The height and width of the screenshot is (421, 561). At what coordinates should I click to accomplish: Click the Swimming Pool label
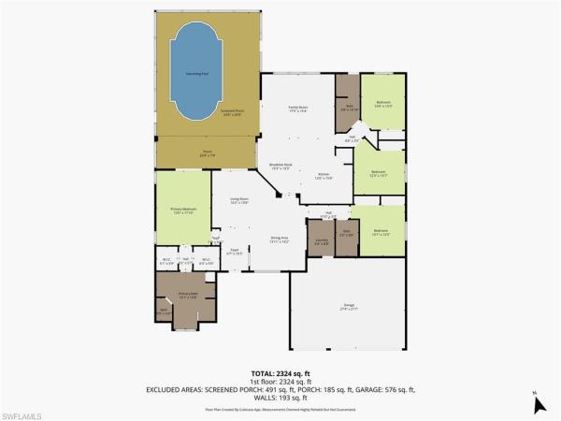tap(197, 71)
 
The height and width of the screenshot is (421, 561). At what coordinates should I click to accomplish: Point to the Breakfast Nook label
tap(282, 167)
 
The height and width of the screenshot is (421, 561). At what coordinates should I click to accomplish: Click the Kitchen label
tap(324, 177)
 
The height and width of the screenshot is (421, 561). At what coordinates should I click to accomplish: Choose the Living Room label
tap(239, 200)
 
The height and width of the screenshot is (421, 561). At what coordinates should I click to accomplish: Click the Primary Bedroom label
tap(183, 210)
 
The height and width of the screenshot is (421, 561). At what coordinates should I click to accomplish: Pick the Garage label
tap(351, 305)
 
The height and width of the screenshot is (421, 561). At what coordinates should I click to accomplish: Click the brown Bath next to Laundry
tap(346, 233)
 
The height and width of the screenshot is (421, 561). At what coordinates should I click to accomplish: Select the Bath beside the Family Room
tap(350, 107)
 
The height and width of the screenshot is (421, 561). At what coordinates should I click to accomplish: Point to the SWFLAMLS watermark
tap(28, 412)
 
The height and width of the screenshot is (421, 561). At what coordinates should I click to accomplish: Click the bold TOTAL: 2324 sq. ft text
tap(280, 372)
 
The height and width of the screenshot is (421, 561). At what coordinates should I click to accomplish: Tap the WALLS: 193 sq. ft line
tap(280, 397)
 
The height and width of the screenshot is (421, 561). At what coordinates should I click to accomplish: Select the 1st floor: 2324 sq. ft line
tap(280, 381)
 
